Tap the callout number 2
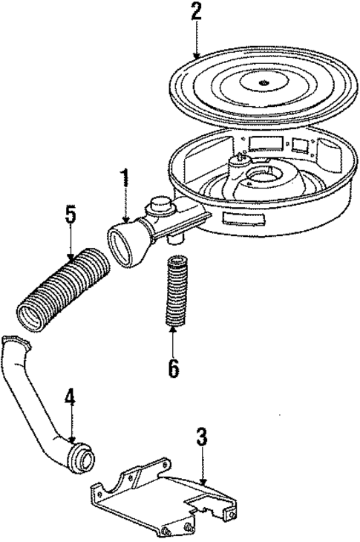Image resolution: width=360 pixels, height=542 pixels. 196,13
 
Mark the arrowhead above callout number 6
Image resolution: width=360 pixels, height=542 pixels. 174,330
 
